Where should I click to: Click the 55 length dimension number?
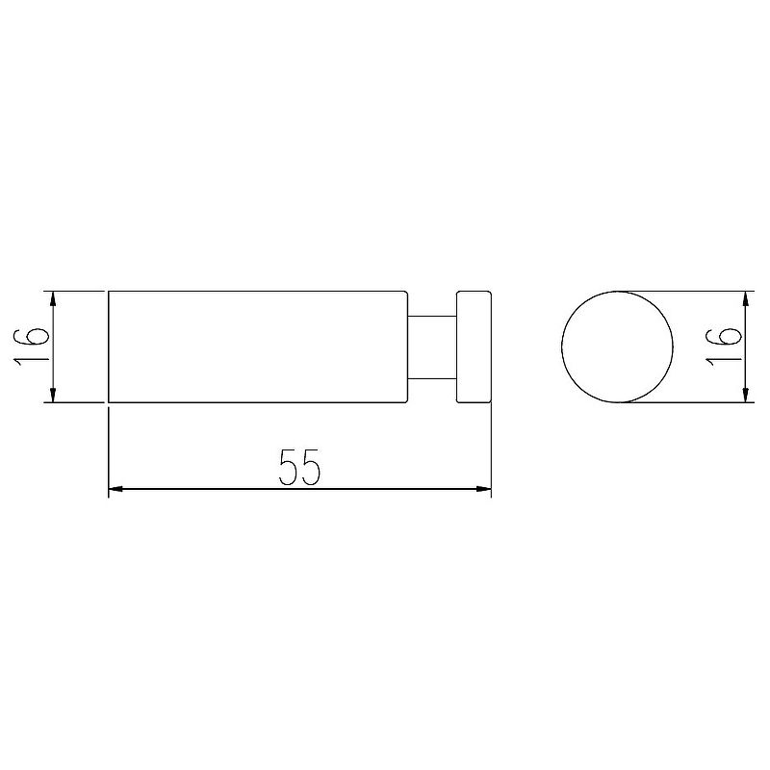pyautogui.click(x=299, y=467)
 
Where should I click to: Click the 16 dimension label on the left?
pyautogui.click(x=31, y=347)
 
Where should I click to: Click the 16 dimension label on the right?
pyautogui.click(x=723, y=347)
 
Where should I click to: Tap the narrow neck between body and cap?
pyautogui.click(x=432, y=347)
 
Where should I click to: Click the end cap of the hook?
pyautogui.click(x=474, y=347)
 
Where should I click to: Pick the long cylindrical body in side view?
pyautogui.click(x=258, y=347)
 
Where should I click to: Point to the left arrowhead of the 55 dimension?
pyautogui.click(x=115, y=489)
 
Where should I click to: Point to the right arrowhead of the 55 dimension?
pyautogui.click(x=484, y=489)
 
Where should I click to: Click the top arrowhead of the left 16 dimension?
pyautogui.click(x=53, y=298)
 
